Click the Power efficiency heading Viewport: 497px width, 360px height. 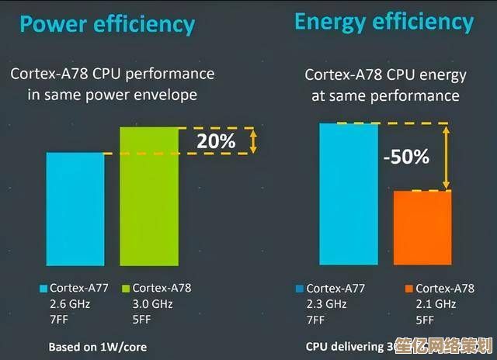point(106,25)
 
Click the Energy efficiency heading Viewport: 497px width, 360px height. point(384,22)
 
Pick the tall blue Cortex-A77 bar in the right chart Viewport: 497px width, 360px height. point(348,195)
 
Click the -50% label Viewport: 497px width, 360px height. point(405,157)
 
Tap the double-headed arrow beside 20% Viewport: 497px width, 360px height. point(252,140)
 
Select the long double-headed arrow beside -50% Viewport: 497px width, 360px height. point(447,156)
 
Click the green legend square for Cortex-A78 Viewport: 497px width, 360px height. point(126,288)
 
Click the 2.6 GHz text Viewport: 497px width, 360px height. point(70,303)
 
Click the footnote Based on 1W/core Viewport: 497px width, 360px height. point(98,345)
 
